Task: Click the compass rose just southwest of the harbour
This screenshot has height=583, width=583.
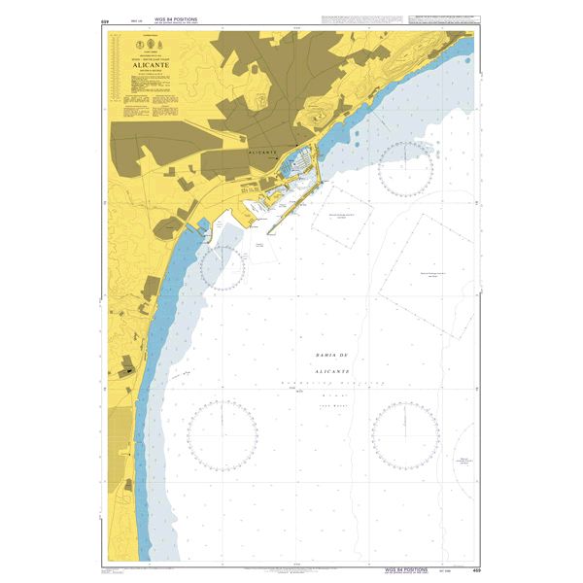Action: [223, 267]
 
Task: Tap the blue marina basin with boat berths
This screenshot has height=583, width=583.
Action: [295, 171]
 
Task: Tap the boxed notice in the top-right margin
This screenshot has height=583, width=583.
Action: [443, 20]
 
